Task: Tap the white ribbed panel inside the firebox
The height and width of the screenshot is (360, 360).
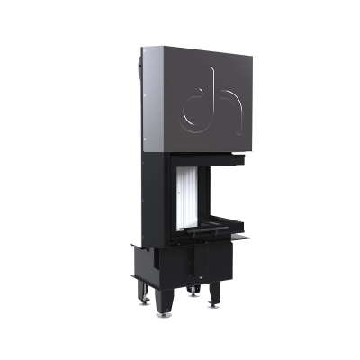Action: (x=187, y=198)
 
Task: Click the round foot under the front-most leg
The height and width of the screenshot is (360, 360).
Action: (x=164, y=315)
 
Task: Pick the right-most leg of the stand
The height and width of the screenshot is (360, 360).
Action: (x=214, y=292)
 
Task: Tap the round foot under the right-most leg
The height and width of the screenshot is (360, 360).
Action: (x=214, y=306)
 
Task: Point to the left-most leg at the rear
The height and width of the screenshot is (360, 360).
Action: (x=142, y=290)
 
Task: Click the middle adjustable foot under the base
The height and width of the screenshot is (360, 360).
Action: (x=192, y=291)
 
